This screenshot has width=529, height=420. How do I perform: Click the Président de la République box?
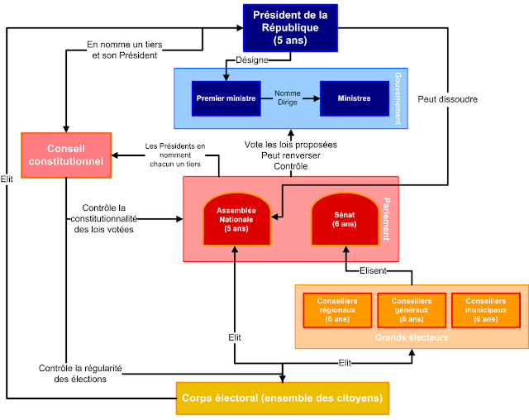click(291, 26)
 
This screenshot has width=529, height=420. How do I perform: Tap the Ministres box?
click(354, 98)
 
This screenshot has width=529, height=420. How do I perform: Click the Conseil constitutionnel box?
click(66, 155)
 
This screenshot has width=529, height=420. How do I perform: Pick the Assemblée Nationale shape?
click(237, 219)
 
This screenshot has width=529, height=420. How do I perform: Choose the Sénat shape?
click(344, 219)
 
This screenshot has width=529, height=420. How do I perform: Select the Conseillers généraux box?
click(412, 309)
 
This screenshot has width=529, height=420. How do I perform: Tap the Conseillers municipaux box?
click(486, 309)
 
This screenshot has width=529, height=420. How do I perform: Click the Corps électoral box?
click(282, 398)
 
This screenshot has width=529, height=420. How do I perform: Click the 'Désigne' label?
click(252, 60)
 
